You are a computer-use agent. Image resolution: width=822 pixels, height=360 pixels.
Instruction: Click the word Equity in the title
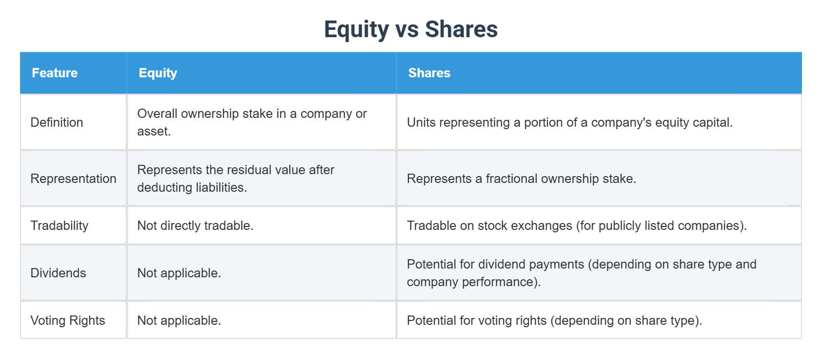click(356, 29)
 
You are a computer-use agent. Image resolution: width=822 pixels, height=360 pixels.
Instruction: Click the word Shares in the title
click(461, 29)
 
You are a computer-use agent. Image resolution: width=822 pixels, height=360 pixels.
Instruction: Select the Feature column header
click(55, 73)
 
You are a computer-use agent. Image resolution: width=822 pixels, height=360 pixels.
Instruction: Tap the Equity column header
click(158, 73)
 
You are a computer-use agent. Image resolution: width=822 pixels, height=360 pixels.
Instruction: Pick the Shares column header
click(429, 73)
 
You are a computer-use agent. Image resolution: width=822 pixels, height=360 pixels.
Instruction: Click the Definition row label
click(57, 122)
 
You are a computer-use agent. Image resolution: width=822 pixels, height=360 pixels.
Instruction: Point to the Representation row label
click(73, 179)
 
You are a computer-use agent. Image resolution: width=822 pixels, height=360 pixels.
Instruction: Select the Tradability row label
click(59, 225)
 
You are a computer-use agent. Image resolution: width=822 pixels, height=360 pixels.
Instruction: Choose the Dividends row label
click(58, 273)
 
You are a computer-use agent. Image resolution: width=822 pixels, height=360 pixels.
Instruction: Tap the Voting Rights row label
click(68, 320)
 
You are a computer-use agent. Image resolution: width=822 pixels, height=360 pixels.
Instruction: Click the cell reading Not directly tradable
click(195, 225)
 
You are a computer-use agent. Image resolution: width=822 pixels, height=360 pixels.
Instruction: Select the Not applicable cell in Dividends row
click(179, 273)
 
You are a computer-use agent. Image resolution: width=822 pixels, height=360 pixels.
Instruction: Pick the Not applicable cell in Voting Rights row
click(179, 320)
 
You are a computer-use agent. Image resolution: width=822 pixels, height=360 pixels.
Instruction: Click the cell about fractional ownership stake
click(521, 179)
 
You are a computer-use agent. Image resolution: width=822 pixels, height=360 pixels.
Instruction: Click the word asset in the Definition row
click(153, 131)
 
